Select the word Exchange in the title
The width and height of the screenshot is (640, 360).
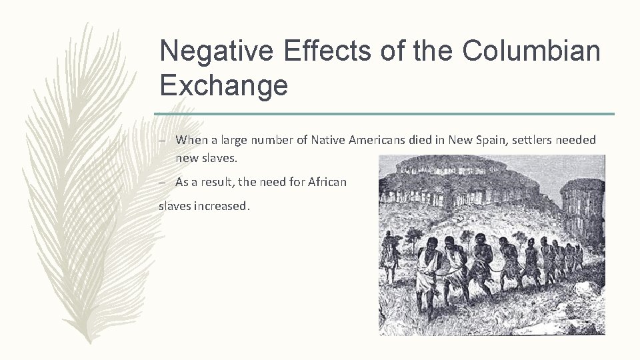[x=224, y=85]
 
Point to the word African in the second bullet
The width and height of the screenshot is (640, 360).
[x=327, y=182]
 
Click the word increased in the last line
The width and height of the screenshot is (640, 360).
[x=221, y=206]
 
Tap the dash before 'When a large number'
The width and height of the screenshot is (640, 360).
[x=163, y=141]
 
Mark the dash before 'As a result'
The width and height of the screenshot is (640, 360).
[x=163, y=183]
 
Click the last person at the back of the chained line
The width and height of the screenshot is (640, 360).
[x=579, y=257]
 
